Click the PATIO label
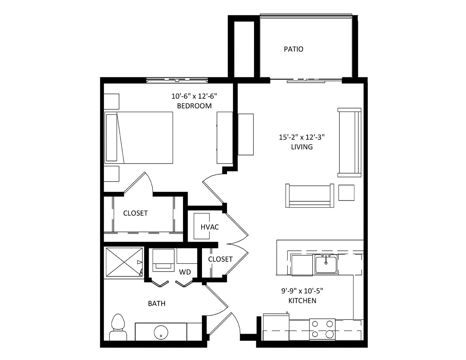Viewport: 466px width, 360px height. tap(293, 49)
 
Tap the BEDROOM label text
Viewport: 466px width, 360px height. tap(194, 106)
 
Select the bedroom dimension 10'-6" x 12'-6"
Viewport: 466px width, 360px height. tap(194, 96)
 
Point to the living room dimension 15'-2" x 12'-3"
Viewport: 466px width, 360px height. tap(302, 137)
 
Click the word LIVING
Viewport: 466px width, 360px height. tap(302, 147)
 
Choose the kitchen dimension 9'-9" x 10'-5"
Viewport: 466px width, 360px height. tap(302, 291)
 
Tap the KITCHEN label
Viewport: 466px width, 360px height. tap(302, 301)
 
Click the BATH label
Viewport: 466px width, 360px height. tap(157, 303)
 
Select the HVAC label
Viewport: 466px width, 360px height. tap(210, 227)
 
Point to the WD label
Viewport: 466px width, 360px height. tap(185, 272)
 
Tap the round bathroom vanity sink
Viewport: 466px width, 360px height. tap(161, 333)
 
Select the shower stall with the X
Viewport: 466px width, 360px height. tap(124, 262)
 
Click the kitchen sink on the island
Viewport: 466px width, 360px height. tap(326, 264)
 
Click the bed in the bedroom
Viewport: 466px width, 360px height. tap(139, 138)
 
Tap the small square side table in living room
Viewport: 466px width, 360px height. tap(346, 193)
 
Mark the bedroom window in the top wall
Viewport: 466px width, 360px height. tap(177, 80)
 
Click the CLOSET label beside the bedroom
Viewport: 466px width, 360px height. tap(136, 213)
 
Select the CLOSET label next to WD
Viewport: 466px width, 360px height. tap(220, 259)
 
